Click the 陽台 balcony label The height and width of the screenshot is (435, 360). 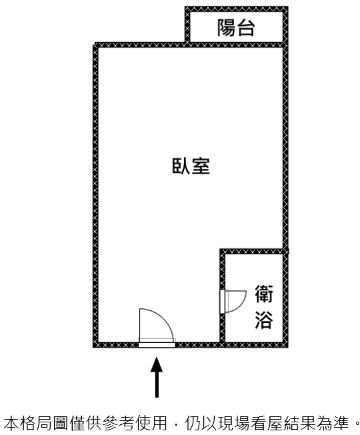(236, 28)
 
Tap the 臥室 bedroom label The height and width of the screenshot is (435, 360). (191, 166)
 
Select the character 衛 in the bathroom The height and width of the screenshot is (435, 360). (264, 294)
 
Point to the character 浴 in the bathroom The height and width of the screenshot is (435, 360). (264, 320)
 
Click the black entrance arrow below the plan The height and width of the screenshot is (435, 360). (157, 378)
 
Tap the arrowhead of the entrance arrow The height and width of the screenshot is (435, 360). (157, 364)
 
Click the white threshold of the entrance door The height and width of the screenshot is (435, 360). (157, 345)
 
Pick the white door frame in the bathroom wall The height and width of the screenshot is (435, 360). (222, 302)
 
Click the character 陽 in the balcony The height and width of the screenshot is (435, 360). (227, 28)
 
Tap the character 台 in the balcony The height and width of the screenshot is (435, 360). (246, 28)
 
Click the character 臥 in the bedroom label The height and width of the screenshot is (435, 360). (181, 166)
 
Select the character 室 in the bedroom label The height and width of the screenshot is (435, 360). (201, 166)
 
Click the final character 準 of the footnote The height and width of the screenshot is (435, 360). (339, 424)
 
